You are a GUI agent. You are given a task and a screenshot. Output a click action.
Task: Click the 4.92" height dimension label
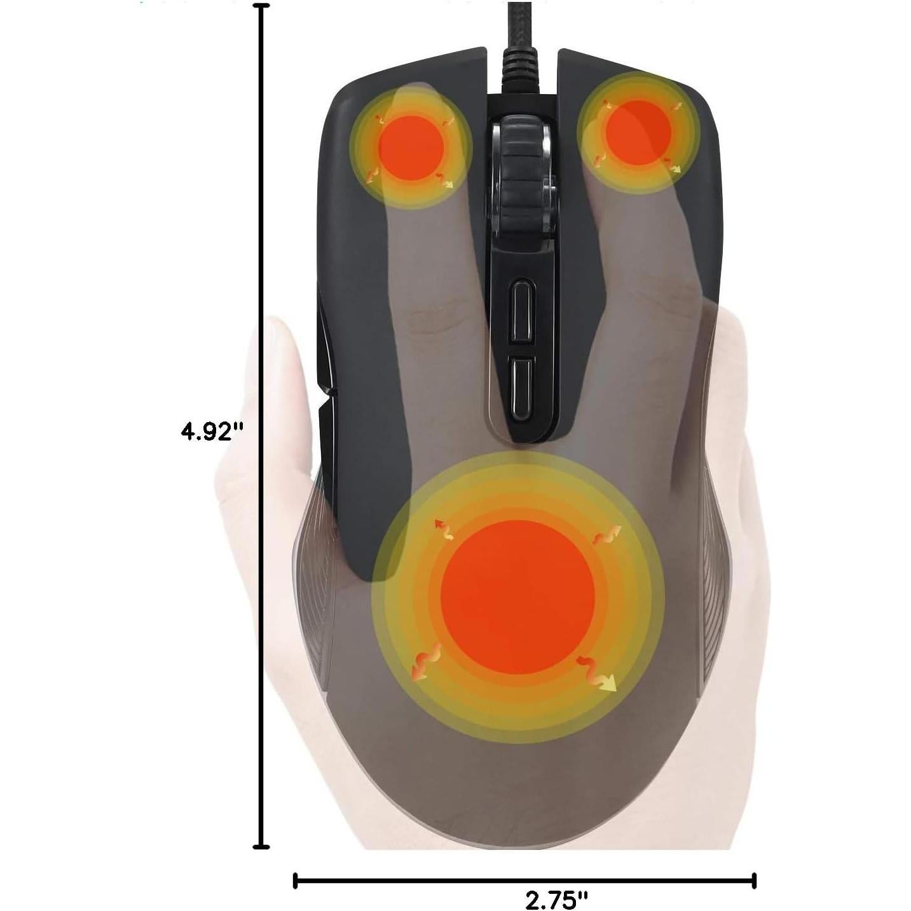coord(212,432)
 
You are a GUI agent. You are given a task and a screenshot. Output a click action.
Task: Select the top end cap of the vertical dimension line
coord(261,6)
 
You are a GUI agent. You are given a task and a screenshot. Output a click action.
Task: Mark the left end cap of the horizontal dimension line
coord(295,880)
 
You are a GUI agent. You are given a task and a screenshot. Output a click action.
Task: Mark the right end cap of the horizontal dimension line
coord(754,880)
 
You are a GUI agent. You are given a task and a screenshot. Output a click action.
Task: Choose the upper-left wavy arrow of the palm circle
coord(444,530)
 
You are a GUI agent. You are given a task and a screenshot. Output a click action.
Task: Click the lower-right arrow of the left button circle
coord(446,181)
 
